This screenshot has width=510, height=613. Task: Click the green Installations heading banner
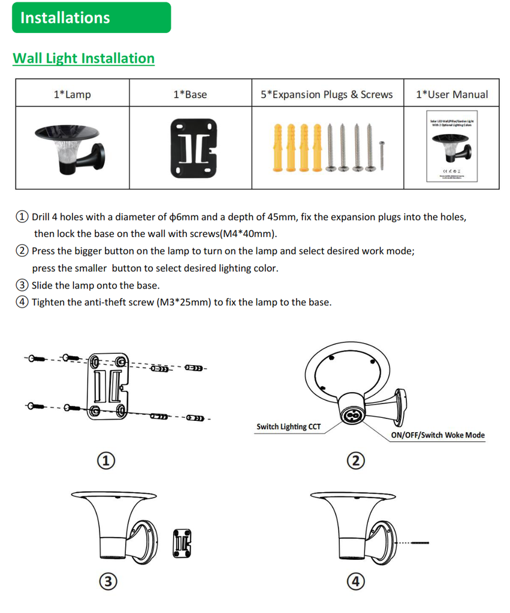tap(91, 17)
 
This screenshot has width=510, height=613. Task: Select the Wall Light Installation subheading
tap(83, 58)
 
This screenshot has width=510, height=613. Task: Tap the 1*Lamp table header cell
tap(72, 94)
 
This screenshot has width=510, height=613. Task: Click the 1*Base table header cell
tap(189, 94)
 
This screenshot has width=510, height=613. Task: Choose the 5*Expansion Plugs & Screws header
tap(327, 94)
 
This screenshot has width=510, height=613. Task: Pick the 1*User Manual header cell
tap(451, 94)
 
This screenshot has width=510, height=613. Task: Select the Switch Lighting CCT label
tap(288, 427)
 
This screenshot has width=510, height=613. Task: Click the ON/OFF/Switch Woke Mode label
tap(437, 435)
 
